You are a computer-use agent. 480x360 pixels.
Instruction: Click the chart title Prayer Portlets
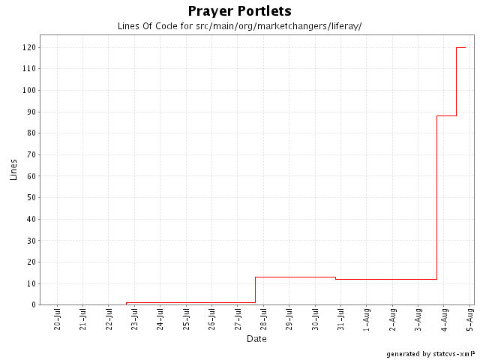239,11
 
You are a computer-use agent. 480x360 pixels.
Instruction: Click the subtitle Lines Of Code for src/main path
239,26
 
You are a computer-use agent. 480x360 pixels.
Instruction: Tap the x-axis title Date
256,338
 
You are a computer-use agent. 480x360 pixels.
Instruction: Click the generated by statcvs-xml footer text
430,353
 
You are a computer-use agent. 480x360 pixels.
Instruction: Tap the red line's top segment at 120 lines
461,47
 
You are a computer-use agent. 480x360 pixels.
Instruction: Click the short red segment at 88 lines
446,115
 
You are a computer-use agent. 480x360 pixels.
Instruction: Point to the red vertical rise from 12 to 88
436,195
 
